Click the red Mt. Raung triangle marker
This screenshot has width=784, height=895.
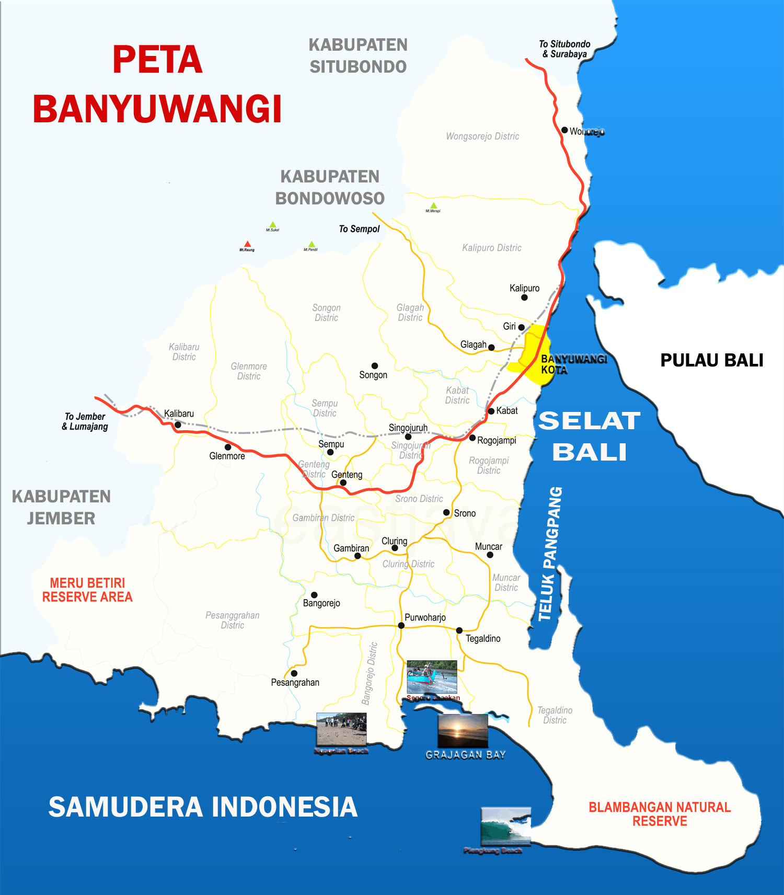click(248, 244)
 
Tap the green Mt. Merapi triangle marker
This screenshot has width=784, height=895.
click(433, 205)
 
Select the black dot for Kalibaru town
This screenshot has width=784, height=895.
click(178, 425)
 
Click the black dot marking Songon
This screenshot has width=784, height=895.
click(375, 365)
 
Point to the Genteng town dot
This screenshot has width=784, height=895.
click(343, 483)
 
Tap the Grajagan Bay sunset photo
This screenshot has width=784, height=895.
click(463, 731)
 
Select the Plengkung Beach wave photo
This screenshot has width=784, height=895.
click(506, 825)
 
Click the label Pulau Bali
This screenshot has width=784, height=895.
click(711, 360)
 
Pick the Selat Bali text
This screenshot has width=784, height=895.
click(589, 436)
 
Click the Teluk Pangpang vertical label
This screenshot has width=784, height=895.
click(550, 554)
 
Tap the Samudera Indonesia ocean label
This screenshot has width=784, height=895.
click(203, 807)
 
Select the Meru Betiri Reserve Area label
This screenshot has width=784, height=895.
click(87, 590)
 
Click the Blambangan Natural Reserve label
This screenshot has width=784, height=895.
click(660, 814)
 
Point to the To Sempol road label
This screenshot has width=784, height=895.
click(359, 229)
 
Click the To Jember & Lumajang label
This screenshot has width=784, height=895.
click(85, 421)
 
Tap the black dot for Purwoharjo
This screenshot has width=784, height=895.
click(401, 625)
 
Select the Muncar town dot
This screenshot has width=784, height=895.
click(490, 555)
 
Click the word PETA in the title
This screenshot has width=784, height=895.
click(157, 60)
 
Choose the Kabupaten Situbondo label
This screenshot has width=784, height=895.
click(358, 55)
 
